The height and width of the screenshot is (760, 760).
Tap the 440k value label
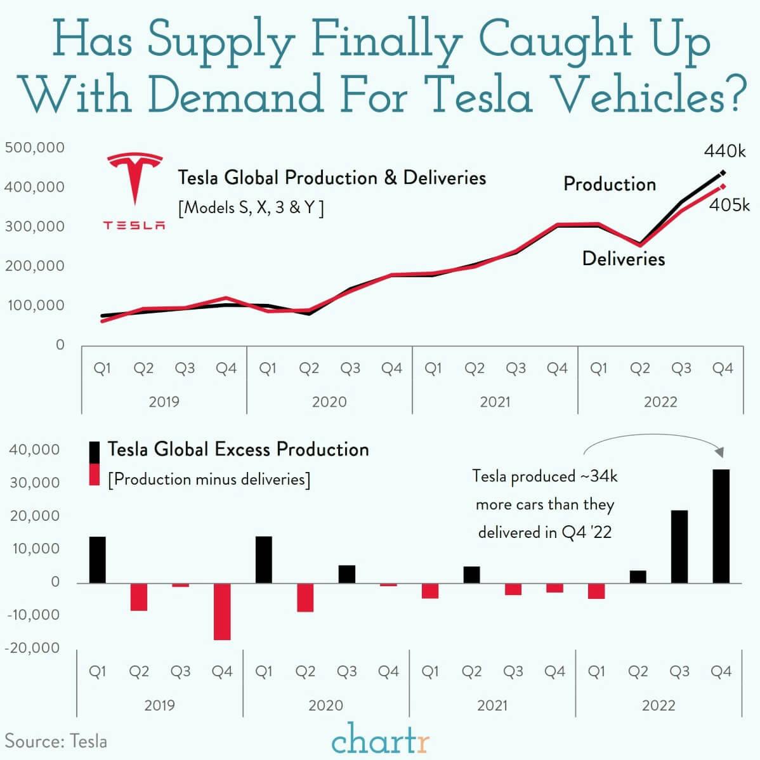click(x=724, y=151)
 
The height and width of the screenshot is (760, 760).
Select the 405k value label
click(x=729, y=205)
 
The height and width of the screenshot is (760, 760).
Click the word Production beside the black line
click(x=610, y=184)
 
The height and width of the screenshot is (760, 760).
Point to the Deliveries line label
click(x=624, y=259)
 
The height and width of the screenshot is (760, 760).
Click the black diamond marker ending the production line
click(x=723, y=173)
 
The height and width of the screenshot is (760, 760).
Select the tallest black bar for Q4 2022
click(x=721, y=526)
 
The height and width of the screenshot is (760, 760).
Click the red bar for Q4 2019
click(x=222, y=612)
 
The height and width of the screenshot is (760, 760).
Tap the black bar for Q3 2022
click(x=679, y=546)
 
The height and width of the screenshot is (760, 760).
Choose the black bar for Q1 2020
click(x=264, y=560)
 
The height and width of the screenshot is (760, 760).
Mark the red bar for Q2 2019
click(x=139, y=597)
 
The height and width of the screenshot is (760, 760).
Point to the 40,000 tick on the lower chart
click(x=34, y=450)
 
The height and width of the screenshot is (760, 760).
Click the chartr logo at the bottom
click(x=380, y=740)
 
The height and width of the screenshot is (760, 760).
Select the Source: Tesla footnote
click(x=56, y=741)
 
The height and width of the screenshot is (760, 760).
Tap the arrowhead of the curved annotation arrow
click(x=719, y=452)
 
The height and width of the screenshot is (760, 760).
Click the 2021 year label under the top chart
click(x=495, y=402)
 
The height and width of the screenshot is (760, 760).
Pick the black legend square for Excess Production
click(x=95, y=452)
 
